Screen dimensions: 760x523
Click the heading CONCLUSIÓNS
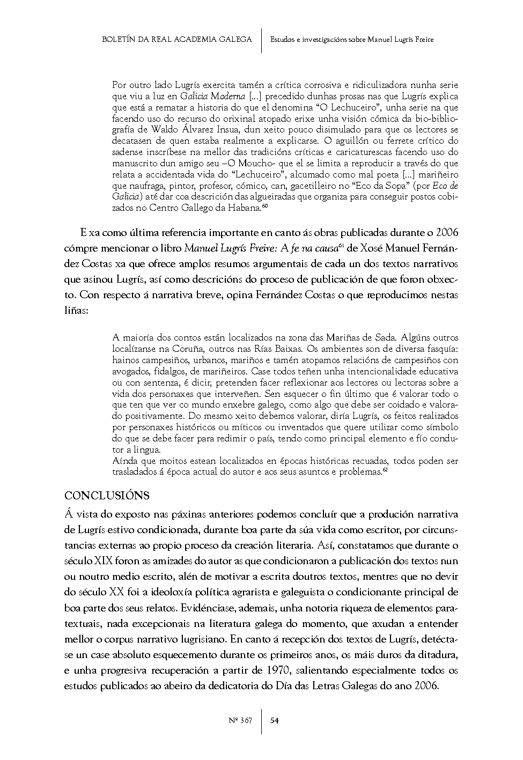coord(107,495)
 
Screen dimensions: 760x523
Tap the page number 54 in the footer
coord(274,720)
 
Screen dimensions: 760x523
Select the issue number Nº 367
coord(241,720)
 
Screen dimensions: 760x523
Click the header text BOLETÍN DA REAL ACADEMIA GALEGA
coord(177,39)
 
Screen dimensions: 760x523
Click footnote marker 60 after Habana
coord(265,206)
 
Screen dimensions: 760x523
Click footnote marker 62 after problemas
coord(385,470)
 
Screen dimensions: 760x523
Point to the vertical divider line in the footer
coord(261,720)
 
